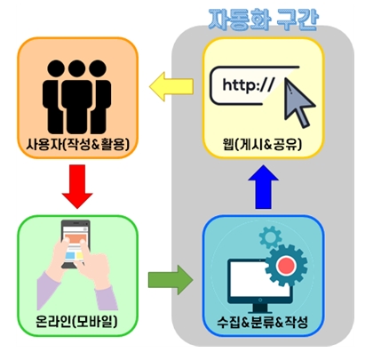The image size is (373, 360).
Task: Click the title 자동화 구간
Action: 263,20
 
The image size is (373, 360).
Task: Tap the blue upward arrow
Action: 263,187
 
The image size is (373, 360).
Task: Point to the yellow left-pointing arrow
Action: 171,86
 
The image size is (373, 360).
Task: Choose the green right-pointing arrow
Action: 171,280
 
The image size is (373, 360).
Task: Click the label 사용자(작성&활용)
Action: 78,144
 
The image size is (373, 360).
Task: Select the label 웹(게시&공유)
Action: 263,145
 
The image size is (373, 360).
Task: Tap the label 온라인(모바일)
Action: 76,321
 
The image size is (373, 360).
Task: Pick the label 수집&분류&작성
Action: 262,322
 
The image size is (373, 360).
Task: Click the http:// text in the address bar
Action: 249,85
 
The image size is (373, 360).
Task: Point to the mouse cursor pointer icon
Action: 298,102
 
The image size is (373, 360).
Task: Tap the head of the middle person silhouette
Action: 77,68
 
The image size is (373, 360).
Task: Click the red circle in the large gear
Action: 285,266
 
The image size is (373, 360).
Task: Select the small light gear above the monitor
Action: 270,237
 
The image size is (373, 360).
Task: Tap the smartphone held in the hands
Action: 75,244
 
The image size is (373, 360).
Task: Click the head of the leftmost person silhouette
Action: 56,68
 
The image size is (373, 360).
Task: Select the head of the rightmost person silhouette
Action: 98,68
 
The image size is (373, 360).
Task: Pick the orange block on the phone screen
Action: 76,239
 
